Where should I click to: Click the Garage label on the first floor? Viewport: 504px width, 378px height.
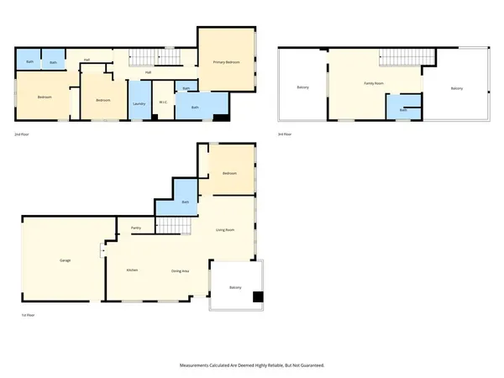pyautogui.click(x=65, y=260)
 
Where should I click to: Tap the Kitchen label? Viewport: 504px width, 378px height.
pyautogui.click(x=132, y=270)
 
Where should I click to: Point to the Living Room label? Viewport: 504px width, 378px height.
pyautogui.click(x=225, y=229)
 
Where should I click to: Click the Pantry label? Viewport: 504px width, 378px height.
pyautogui.click(x=135, y=228)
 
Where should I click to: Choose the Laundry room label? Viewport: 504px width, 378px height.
pyautogui.click(x=139, y=103)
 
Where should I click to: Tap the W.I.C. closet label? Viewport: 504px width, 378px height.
pyautogui.click(x=164, y=103)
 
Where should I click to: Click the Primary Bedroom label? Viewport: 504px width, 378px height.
pyautogui.click(x=227, y=62)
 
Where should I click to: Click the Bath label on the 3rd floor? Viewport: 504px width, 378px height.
pyautogui.click(x=403, y=110)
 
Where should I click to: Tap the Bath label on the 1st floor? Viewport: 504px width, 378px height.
pyautogui.click(x=185, y=202)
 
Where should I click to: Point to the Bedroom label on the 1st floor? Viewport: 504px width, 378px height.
pyautogui.click(x=230, y=173)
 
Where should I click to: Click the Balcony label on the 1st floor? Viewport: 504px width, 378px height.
pyautogui.click(x=236, y=288)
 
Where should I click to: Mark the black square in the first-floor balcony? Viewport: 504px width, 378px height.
pyautogui.click(x=258, y=296)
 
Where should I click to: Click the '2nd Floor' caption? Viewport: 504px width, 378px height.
pyautogui.click(x=23, y=134)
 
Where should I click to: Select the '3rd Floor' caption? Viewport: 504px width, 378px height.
pyautogui.click(x=286, y=134)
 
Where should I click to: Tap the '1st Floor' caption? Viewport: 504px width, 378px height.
pyautogui.click(x=29, y=315)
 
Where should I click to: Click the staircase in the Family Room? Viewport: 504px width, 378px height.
pyautogui.click(x=408, y=56)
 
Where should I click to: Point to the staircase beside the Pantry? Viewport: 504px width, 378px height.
pyautogui.click(x=172, y=225)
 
